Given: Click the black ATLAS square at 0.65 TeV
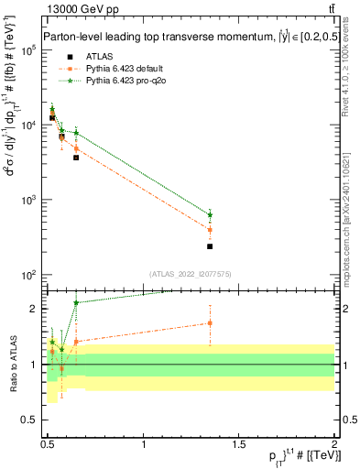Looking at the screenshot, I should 76,158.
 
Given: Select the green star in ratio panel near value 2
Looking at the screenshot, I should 76,302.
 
